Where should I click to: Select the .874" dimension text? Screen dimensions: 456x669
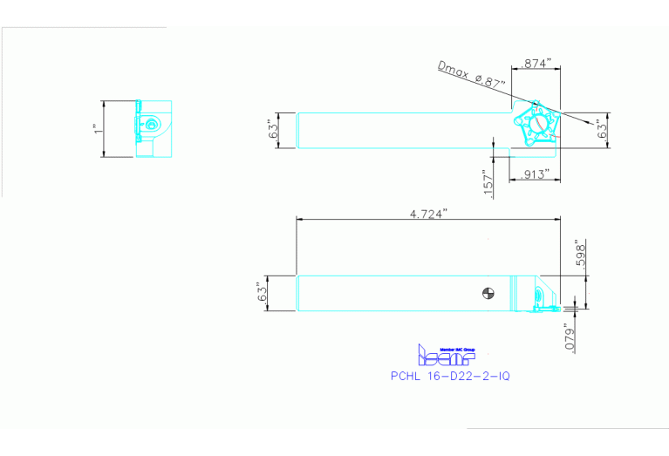point(534,64)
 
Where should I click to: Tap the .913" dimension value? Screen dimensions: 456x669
point(534,174)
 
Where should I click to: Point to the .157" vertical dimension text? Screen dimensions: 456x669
point(488,180)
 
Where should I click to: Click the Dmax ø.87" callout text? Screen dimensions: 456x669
point(472,73)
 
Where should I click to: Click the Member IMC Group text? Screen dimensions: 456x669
point(459,348)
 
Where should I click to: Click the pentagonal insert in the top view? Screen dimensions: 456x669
point(535,122)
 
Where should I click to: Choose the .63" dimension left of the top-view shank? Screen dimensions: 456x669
point(272,130)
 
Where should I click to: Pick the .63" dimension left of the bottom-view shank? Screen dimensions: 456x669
point(260,292)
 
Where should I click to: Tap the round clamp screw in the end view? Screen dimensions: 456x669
point(154,125)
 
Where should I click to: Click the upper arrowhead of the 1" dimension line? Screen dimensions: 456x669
point(104,103)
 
